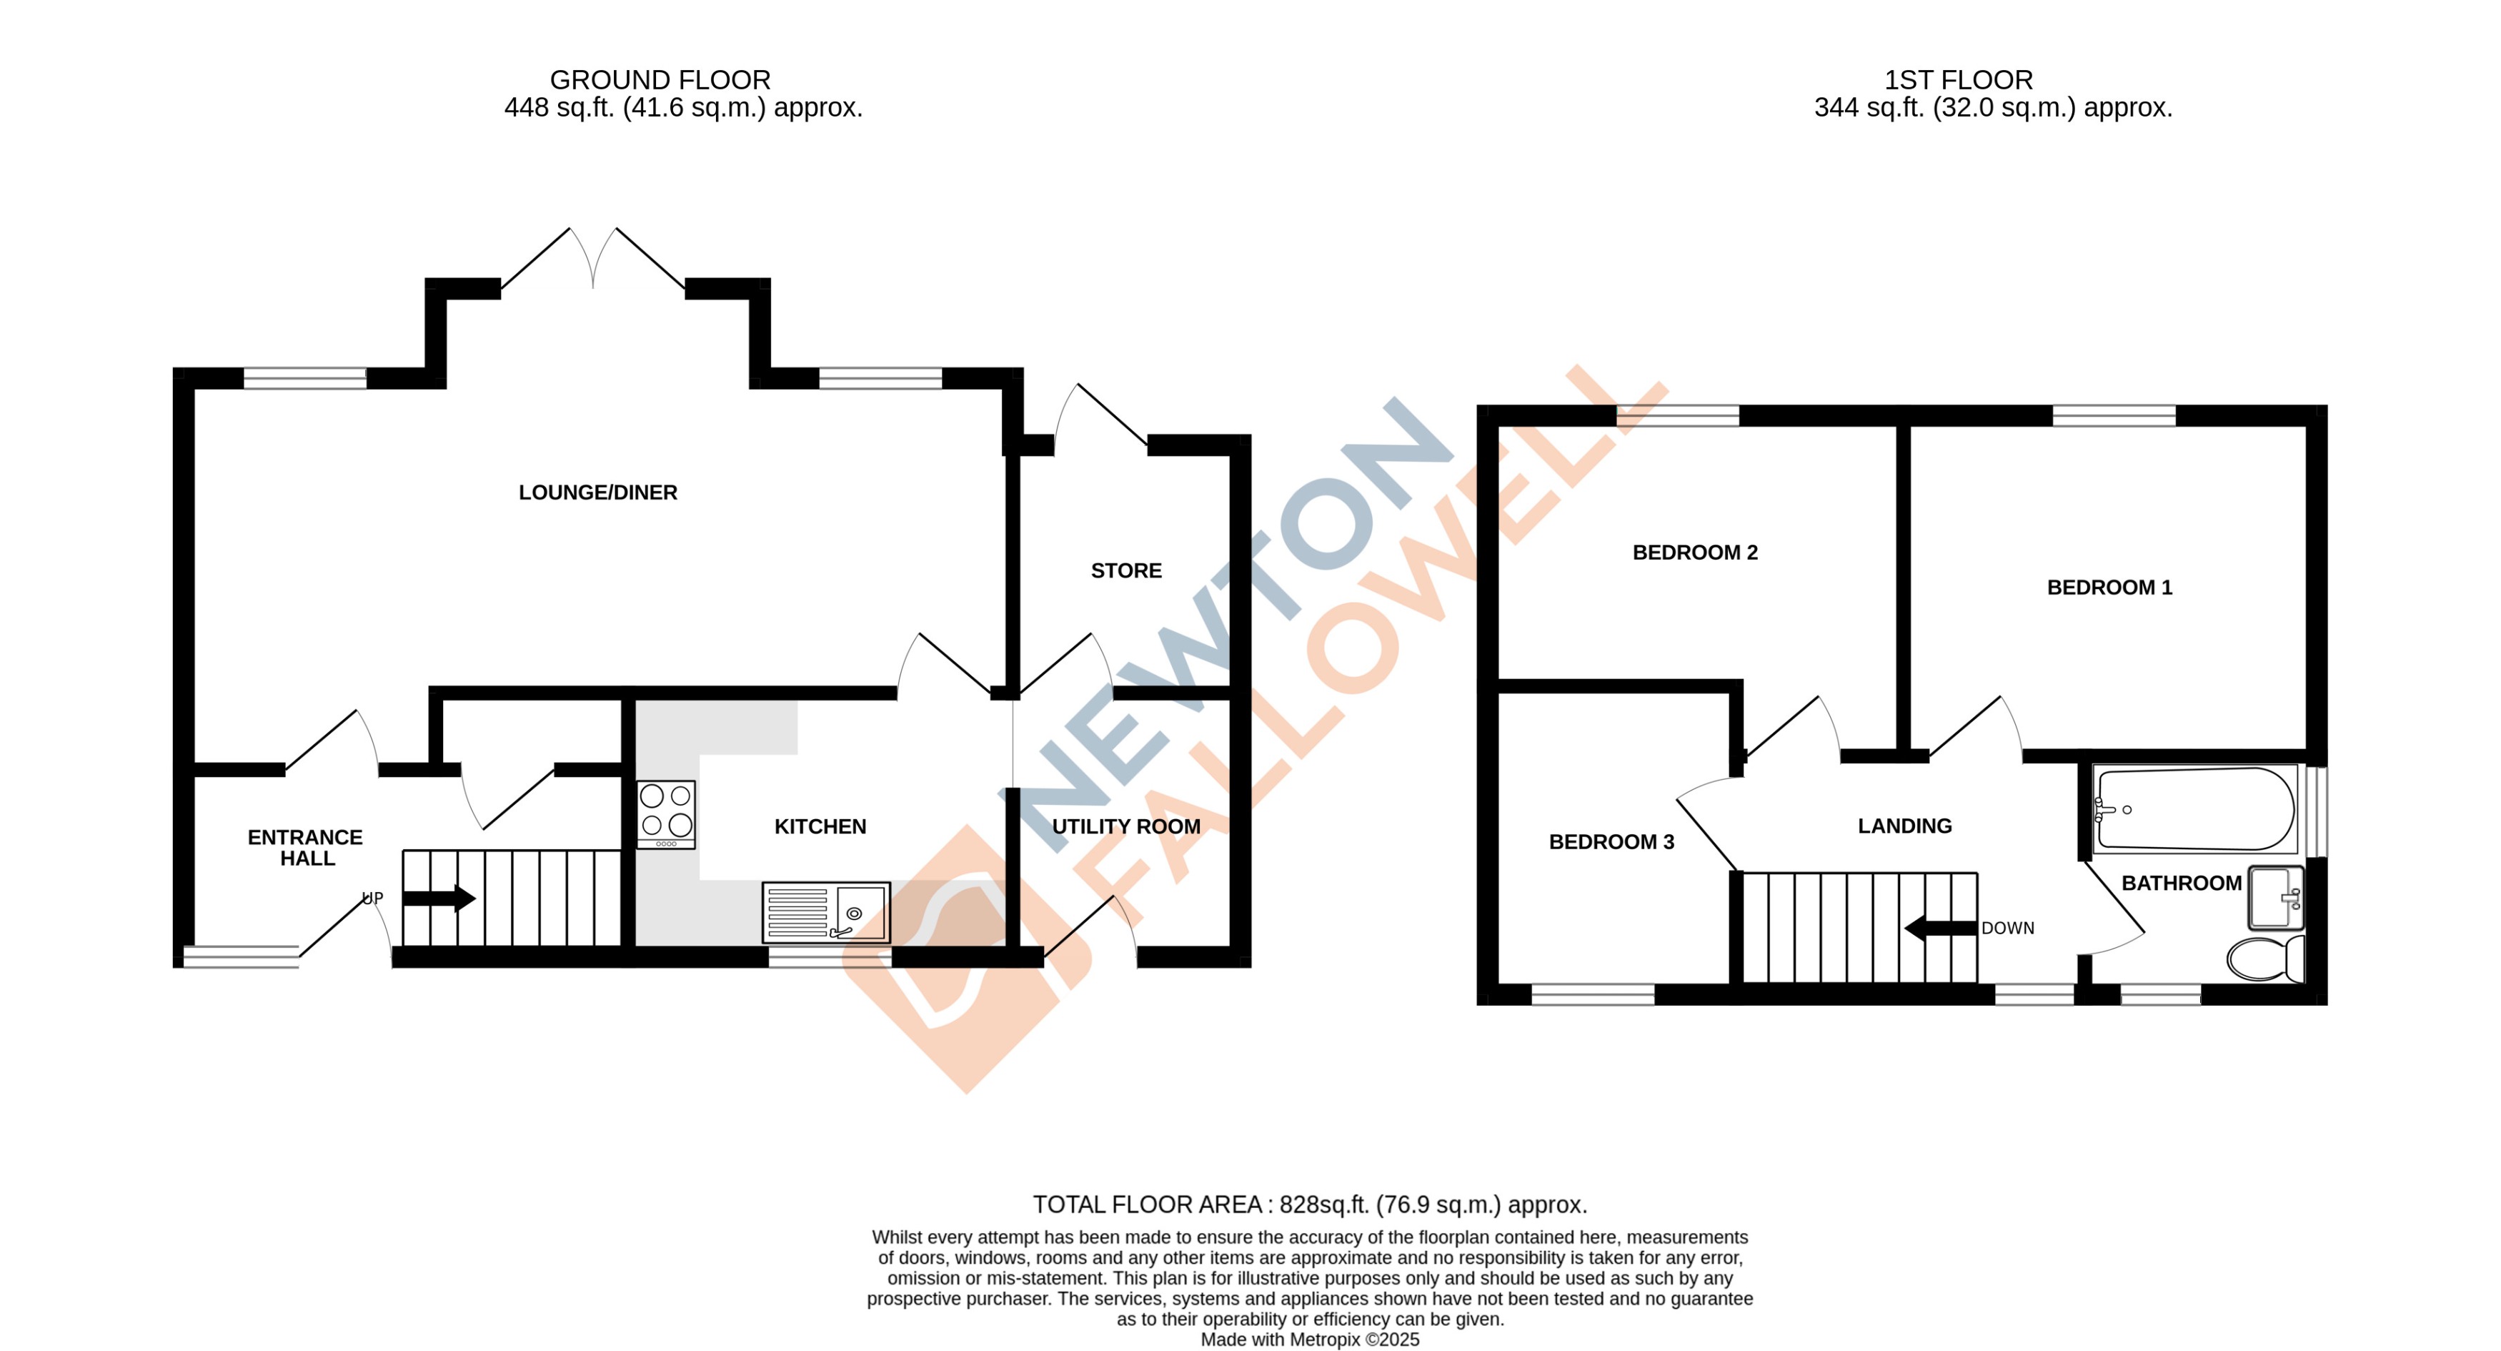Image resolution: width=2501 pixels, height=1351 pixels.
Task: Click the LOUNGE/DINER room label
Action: tap(597, 493)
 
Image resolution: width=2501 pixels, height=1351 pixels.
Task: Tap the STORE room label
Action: tap(1125, 570)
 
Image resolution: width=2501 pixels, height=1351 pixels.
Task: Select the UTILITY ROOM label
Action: tap(1125, 826)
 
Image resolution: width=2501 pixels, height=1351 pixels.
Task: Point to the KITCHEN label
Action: tap(820, 826)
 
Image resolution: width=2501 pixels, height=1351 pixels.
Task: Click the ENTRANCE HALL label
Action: tap(305, 848)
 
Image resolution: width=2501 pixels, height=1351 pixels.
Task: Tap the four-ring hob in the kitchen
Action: tap(666, 813)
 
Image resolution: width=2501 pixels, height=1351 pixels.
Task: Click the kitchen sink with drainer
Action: tap(825, 912)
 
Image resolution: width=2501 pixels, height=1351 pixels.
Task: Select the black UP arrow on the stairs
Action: tap(439, 899)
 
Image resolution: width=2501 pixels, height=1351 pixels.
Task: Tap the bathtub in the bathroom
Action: tap(2192, 809)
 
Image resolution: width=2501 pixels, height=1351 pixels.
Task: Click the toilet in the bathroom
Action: tap(2265, 959)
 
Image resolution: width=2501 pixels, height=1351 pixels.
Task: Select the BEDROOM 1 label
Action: tap(2109, 588)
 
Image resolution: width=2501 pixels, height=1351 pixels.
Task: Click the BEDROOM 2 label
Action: tap(1694, 553)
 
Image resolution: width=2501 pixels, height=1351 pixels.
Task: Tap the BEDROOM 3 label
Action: tap(1611, 842)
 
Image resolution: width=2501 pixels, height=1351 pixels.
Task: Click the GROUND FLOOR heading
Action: tap(660, 79)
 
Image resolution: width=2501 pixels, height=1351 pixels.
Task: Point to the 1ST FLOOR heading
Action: tap(1957, 79)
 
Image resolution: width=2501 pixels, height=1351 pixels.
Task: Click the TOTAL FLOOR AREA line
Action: tap(1310, 1204)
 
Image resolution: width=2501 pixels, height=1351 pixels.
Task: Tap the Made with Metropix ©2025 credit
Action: tap(1310, 1340)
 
